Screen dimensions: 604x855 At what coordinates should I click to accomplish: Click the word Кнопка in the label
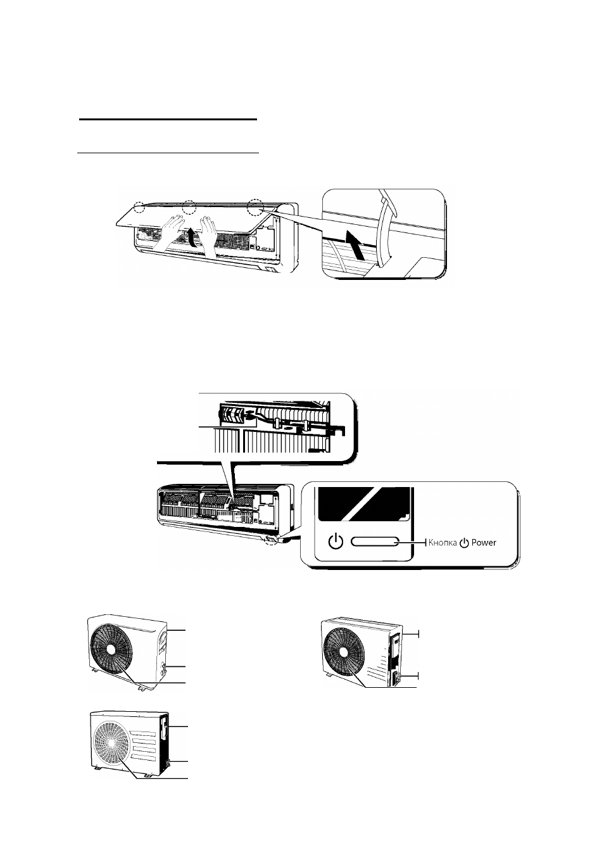442,542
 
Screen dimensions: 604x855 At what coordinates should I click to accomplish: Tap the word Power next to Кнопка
484,542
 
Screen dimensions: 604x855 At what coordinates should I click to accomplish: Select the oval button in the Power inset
375,542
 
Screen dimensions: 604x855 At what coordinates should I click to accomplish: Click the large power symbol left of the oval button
336,541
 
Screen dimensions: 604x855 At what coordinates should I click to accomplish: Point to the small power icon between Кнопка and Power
464,543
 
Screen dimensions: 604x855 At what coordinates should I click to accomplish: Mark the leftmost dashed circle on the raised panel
139,207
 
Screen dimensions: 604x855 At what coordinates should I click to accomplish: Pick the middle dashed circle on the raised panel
189,207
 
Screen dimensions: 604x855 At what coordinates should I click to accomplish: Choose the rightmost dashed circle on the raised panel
255,207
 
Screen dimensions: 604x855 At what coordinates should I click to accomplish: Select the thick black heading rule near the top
168,120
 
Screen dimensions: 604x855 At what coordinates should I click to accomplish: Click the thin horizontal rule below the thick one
168,153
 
